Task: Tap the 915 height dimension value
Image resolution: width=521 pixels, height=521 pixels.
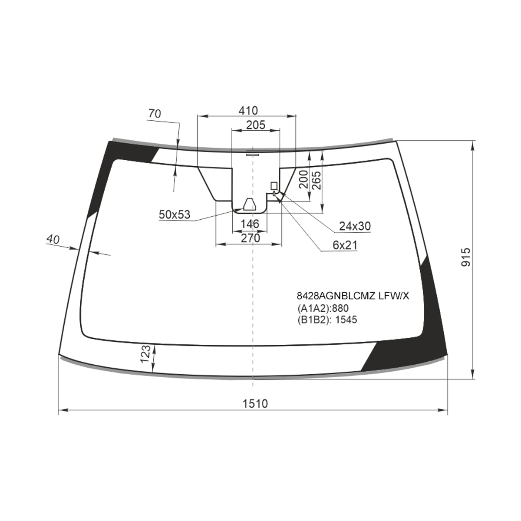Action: pyautogui.click(x=466, y=257)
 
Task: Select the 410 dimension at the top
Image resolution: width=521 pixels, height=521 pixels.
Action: pyautogui.click(x=248, y=110)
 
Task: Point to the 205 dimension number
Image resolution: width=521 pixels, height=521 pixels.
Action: pyautogui.click(x=255, y=125)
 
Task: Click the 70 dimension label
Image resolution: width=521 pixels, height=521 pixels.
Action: pyautogui.click(x=155, y=114)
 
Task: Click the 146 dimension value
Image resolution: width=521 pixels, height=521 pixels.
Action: pyautogui.click(x=250, y=224)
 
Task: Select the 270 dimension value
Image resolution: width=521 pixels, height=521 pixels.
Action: pyautogui.click(x=251, y=237)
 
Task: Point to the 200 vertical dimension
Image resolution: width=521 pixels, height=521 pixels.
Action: pyautogui.click(x=303, y=179)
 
